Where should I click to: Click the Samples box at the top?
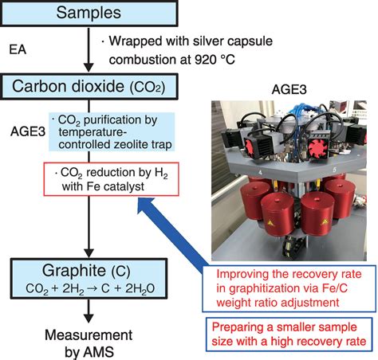tap(89, 14)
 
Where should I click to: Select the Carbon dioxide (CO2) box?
tap(89, 87)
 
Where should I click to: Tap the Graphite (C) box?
tap(89, 278)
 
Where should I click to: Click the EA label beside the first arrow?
tap(18, 49)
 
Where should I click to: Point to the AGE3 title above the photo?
tap(289, 90)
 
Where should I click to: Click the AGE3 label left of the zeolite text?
tap(28, 131)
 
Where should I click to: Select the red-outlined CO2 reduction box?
tap(111, 179)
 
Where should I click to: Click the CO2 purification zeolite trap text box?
tap(112, 132)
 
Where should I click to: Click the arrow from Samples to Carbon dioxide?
tap(89, 49)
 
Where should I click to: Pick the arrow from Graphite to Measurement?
tap(89, 311)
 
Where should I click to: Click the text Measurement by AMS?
tap(89, 343)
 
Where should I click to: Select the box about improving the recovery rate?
tap(289, 288)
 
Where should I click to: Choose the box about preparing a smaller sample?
tap(289, 335)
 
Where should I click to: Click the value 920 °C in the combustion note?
tap(215, 60)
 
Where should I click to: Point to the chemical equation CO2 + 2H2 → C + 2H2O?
tap(90, 289)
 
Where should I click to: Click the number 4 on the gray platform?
tap(260, 173)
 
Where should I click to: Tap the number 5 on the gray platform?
tap(334, 170)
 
